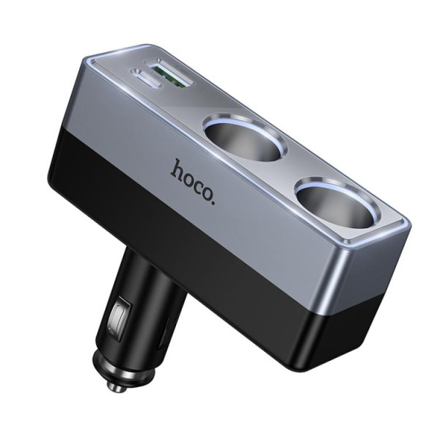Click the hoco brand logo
tap(195, 172)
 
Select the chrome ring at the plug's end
tap(121, 367)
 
